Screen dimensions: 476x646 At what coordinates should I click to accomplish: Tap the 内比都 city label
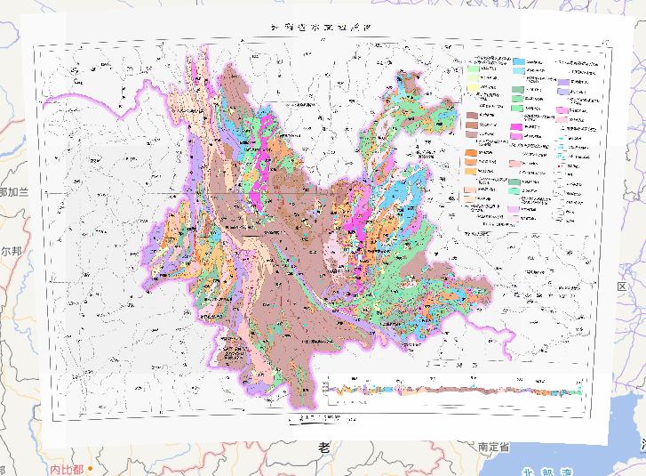67,468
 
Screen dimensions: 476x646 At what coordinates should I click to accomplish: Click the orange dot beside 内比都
90,468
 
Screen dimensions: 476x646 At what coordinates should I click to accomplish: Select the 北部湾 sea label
547,472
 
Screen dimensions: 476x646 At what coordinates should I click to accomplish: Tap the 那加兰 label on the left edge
14,192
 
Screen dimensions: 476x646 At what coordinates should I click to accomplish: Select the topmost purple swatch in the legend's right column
563,82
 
